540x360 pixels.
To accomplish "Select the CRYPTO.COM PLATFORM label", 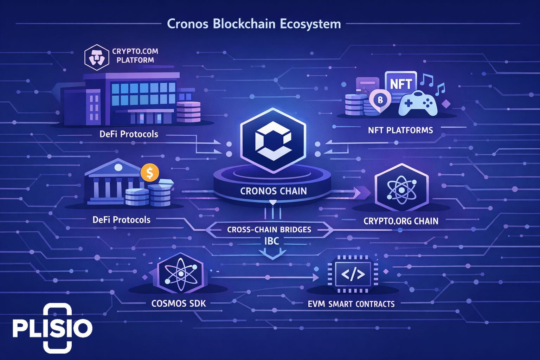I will pyautogui.click(x=135, y=56).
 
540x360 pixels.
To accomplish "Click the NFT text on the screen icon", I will pyautogui.click(x=401, y=84).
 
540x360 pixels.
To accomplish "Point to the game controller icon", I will pyautogui.click(x=418, y=103).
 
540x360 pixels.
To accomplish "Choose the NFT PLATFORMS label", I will pyautogui.click(x=400, y=130).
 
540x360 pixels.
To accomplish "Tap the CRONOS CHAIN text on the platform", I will pyautogui.click(x=273, y=191).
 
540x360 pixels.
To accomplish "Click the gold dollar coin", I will pyautogui.click(x=150, y=173).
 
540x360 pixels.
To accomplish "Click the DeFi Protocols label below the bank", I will pyautogui.click(x=121, y=220).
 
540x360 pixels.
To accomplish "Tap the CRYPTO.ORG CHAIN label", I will pyautogui.click(x=401, y=221).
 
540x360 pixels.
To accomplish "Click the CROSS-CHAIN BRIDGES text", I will pyautogui.click(x=269, y=230).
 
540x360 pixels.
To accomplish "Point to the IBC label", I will pyautogui.click(x=271, y=241).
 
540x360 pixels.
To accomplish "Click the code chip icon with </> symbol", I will pyautogui.click(x=353, y=274).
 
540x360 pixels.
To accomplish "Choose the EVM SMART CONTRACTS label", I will pyautogui.click(x=351, y=304).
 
